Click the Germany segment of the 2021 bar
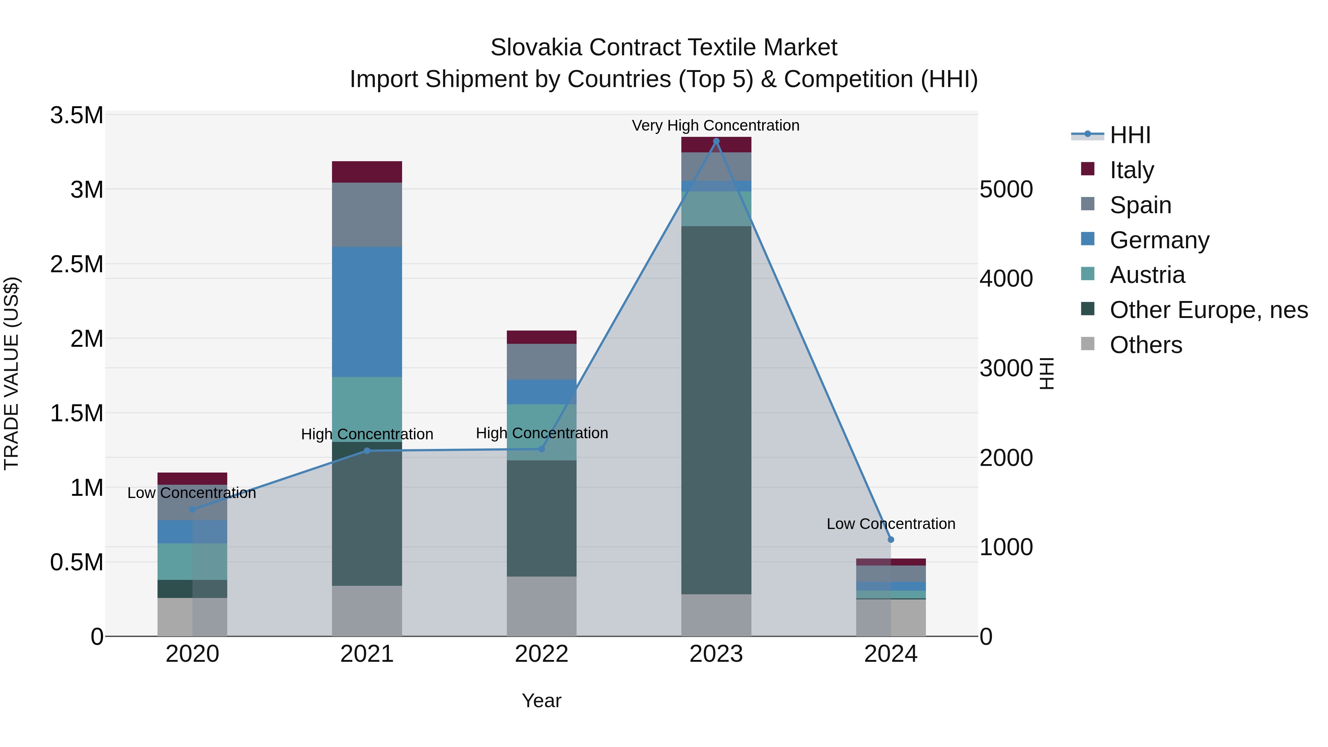[367, 311]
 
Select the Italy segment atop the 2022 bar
[541, 337]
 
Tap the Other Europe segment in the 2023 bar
[716, 410]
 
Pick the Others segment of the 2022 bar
[541, 606]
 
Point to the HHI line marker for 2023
[716, 141]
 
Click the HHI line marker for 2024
[891, 540]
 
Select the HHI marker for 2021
[367, 450]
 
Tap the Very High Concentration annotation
[716, 125]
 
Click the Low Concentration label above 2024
[891, 524]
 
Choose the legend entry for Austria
[1147, 275]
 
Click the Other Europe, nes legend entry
[1208, 310]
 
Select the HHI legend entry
[1130, 135]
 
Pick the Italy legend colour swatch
[1087, 169]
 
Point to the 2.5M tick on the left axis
[76, 264]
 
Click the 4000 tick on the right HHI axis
[1006, 279]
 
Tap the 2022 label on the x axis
[541, 654]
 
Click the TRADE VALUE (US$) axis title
[11, 373]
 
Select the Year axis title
[541, 701]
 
